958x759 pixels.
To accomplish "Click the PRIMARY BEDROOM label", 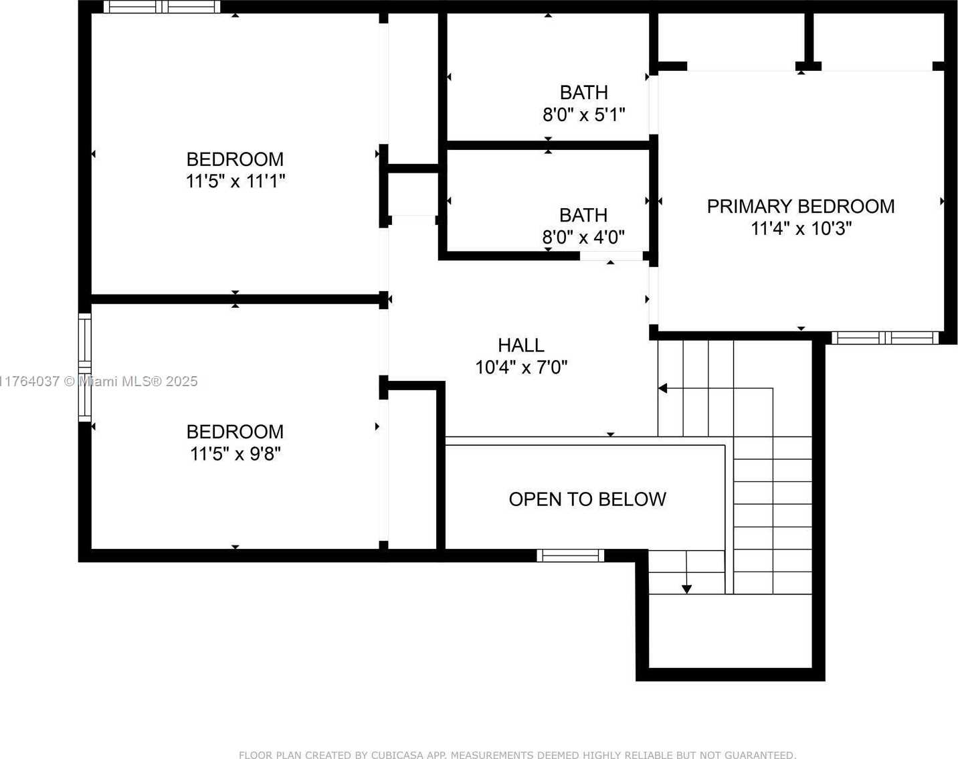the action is pos(800,207).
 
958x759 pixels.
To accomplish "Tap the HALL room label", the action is pos(521,345).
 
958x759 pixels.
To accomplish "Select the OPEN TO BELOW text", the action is pos(587,499).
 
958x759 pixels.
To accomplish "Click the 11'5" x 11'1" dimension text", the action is pos(235,181).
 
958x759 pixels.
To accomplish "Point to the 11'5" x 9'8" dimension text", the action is pos(235,454).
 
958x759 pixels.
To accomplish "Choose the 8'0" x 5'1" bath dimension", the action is pos(583,114).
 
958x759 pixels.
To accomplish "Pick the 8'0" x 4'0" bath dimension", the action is pos(583,237).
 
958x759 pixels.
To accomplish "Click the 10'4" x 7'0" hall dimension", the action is pos(521,367).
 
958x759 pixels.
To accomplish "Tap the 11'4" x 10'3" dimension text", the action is pos(801,228).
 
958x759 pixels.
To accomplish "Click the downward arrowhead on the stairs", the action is pos(686,589).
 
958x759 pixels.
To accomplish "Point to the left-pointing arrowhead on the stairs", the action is pos(662,388).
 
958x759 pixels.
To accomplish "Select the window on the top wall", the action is pos(162,7).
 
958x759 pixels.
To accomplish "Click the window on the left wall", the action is pos(84,367).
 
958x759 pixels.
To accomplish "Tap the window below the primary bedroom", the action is pos(885,338).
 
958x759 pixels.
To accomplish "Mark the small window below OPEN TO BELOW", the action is pos(570,556).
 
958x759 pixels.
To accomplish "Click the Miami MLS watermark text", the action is pos(98,382).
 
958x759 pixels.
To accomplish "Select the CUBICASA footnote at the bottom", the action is pos(517,754).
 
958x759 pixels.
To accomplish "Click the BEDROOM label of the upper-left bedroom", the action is pos(235,159).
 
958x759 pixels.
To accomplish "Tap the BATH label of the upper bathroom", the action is pos(583,92).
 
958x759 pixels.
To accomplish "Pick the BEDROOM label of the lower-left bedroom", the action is pos(235,432).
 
